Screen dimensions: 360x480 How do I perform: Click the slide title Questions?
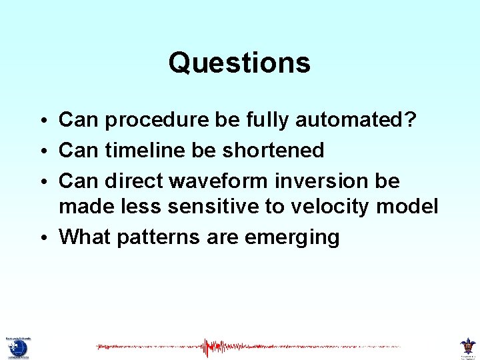[x=239, y=63]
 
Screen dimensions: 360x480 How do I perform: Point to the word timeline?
[x=145, y=150]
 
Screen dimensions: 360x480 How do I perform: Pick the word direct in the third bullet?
[x=135, y=180]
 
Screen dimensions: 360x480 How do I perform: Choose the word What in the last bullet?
[x=83, y=237]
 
